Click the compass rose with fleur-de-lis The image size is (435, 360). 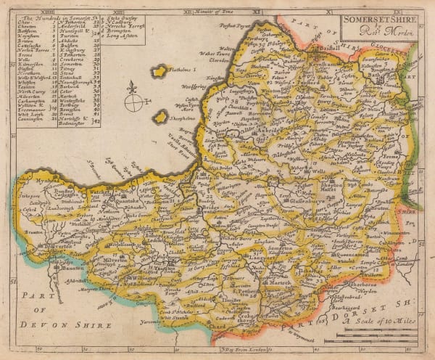coord(133,99)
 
